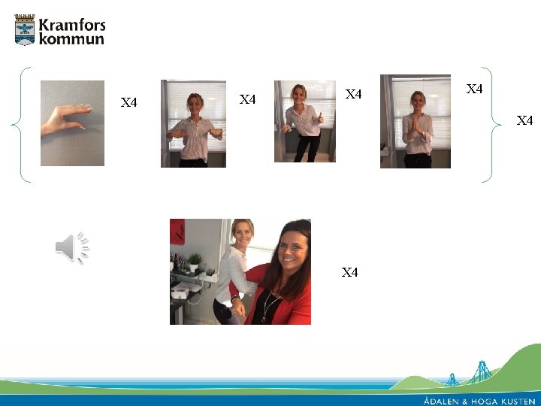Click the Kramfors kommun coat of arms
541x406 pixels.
[25, 29]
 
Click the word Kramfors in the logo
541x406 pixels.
[72, 26]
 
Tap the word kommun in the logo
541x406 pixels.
[71, 38]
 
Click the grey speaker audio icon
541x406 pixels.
[73, 247]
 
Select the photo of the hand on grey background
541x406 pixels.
[72, 123]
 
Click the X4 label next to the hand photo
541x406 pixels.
[128, 102]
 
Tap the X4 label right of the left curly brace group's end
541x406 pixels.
[524, 120]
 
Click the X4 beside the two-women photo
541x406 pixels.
[349, 272]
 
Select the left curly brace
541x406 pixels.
[21, 125]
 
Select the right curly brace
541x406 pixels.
[491, 125]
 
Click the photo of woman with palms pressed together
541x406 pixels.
[416, 122]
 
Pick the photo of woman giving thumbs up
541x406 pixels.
[305, 121]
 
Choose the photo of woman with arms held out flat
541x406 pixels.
[193, 123]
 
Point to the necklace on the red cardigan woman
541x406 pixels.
[270, 305]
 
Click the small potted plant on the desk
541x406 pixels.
[195, 262]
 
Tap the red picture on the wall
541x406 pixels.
[177, 232]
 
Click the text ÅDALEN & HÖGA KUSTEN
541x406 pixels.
[479, 401]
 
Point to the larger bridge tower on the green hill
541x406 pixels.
[482, 372]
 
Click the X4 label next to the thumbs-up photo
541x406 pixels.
[353, 94]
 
